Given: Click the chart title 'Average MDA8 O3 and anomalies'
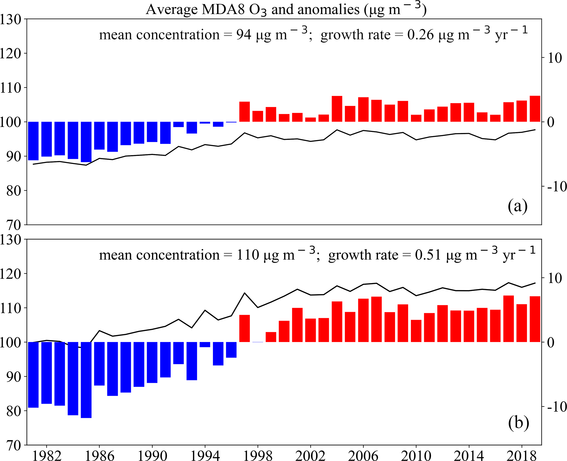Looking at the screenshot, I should [286, 10].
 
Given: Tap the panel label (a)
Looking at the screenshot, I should [517, 206].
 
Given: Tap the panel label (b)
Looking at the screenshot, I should [518, 423].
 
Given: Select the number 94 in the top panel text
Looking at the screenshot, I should [244, 35].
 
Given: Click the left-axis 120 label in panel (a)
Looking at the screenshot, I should [10, 53].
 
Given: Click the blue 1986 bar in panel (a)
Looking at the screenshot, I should [99, 136].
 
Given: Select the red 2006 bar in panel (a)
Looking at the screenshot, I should [363, 109].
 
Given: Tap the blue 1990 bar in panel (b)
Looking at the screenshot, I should [152, 362].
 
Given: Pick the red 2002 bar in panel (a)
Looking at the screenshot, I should [311, 120].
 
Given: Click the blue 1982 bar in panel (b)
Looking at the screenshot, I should [47, 373].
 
